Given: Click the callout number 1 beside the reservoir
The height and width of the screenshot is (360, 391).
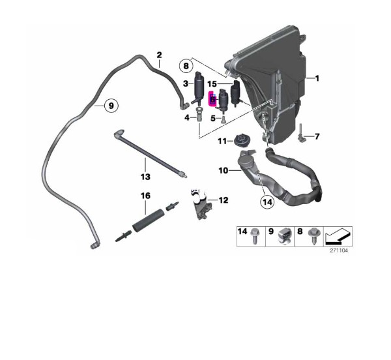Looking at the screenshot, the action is pos(317,78).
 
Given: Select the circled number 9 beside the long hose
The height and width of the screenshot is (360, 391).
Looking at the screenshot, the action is pos(111,106).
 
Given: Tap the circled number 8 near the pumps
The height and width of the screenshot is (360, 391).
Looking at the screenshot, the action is pos(186,67).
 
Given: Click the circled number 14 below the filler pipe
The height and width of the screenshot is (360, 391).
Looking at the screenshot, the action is pos(267,202).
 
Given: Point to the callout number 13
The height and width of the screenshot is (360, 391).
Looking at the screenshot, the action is pos(145,177).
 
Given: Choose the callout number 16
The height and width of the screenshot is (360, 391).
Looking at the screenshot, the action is pos(145,196).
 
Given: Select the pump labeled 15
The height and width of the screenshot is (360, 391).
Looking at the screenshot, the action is pos(236,93).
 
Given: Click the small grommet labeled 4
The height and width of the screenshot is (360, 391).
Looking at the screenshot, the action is pos(199,115).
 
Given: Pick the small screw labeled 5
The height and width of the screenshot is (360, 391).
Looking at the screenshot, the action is pos(223,120).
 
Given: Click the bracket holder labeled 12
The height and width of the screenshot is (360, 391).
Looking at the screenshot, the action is pos(202,204).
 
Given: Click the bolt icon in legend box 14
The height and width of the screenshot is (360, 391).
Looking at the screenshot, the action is pos(255,235).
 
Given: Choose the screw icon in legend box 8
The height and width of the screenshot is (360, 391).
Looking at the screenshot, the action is pos(313,235).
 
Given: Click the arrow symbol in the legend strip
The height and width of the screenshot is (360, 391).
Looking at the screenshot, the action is pos(338,236).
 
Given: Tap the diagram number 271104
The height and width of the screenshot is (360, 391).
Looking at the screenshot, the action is pos(339,250).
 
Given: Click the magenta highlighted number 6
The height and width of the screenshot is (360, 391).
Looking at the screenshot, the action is pos(212,99).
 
